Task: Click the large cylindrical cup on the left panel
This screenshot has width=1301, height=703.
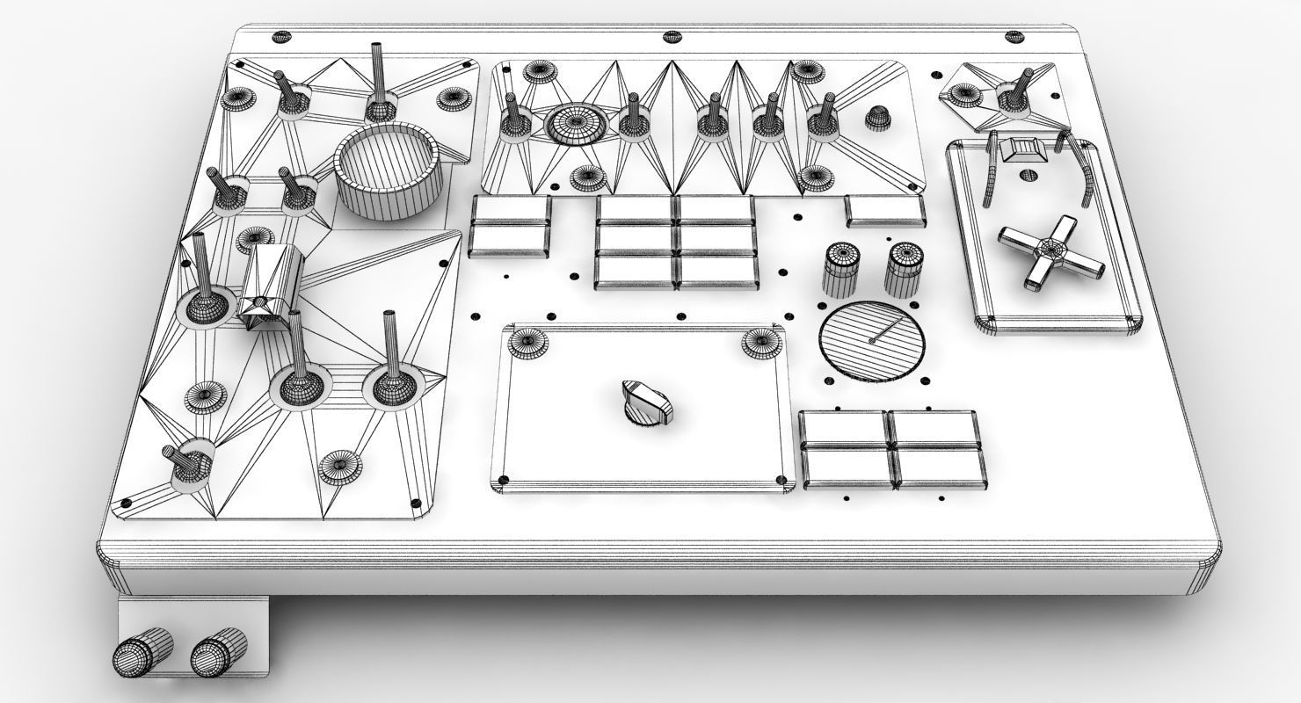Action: click(x=387, y=170)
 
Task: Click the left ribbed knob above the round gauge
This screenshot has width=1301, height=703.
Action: click(x=841, y=267)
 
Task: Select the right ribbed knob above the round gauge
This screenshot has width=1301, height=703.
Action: click(x=902, y=267)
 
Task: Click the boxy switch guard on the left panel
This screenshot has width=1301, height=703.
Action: click(x=271, y=286)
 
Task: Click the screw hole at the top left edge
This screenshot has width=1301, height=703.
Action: click(x=280, y=37)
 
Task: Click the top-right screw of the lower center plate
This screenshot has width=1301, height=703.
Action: click(x=760, y=343)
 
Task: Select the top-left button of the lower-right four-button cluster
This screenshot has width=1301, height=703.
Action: click(x=843, y=428)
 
